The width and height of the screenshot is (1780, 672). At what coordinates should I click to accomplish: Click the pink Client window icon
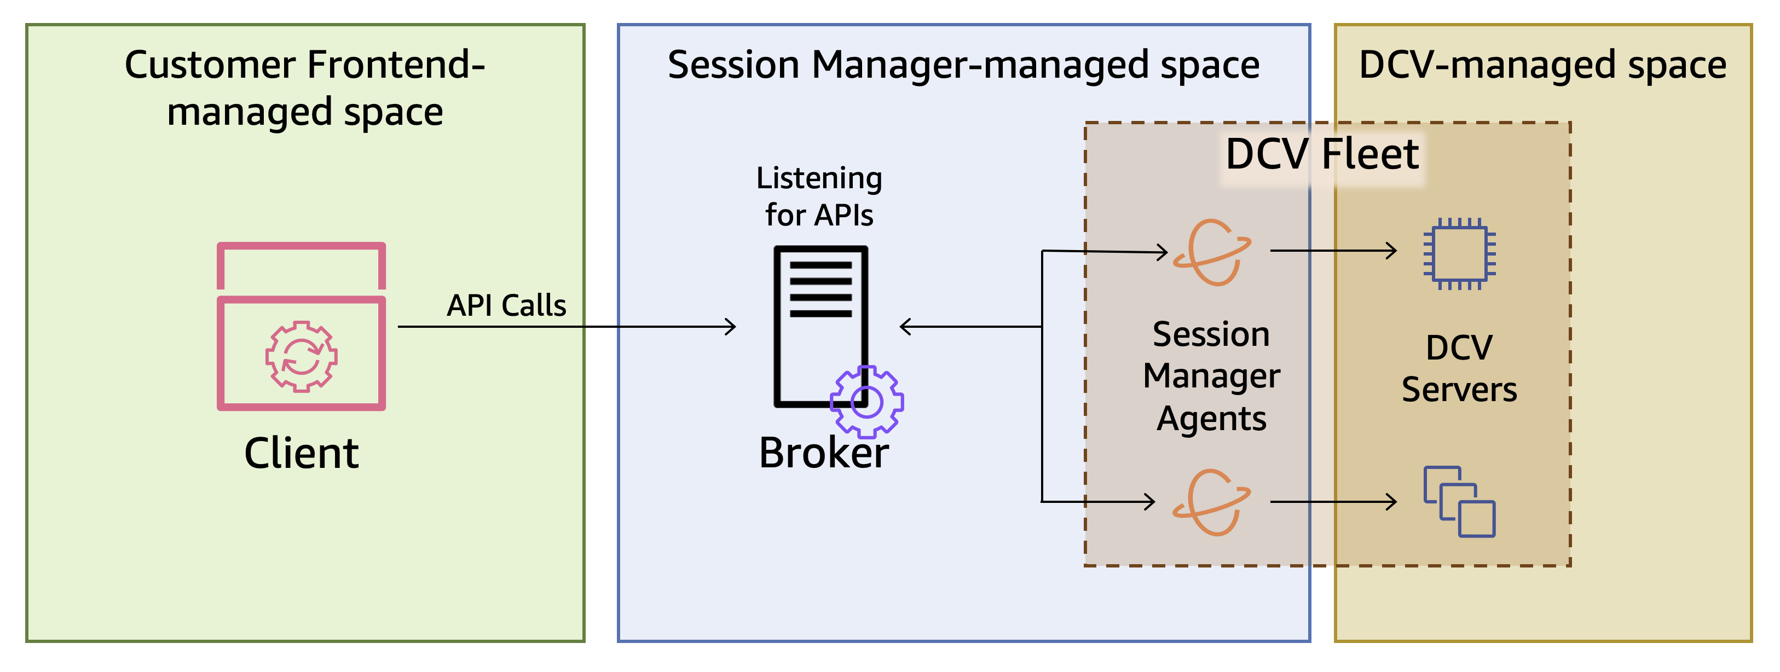(301, 326)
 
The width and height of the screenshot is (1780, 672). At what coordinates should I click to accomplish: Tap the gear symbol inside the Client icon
(301, 356)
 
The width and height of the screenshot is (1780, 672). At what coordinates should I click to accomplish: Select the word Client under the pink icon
(301, 453)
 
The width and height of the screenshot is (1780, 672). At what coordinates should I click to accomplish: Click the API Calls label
(506, 305)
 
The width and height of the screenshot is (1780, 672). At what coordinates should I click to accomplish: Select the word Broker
(824, 453)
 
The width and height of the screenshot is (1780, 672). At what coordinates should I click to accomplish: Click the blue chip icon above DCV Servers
(1459, 253)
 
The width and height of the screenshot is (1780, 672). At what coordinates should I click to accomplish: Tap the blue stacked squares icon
(1459, 502)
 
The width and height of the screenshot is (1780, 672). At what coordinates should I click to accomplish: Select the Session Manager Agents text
(1211, 376)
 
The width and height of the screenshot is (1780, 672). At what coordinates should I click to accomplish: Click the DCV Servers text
(1459, 368)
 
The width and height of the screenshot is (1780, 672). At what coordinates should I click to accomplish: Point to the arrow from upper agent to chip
(1333, 251)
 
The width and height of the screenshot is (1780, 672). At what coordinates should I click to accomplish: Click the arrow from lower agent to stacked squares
(1333, 501)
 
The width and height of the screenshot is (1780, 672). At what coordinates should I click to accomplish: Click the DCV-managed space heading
(1542, 65)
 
